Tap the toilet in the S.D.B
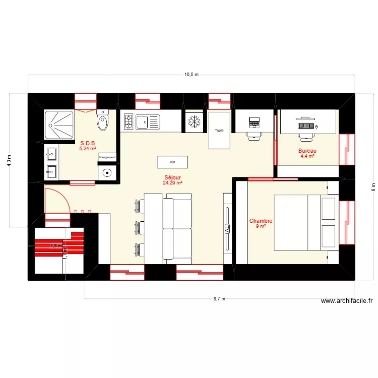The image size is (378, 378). (x=103, y=121)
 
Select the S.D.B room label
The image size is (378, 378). (x=88, y=143)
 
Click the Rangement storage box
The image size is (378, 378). (x=107, y=157)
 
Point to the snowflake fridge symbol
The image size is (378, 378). (x=194, y=121)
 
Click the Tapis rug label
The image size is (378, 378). (x=219, y=131)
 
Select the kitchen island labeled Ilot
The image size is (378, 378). (x=172, y=162)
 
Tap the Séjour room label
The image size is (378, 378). (x=172, y=177)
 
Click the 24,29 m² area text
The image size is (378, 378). (x=172, y=183)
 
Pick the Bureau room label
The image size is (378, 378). (x=307, y=151)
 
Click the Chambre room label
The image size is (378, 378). (x=261, y=221)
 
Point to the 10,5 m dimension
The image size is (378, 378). (x=191, y=74)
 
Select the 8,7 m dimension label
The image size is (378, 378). (x=219, y=299)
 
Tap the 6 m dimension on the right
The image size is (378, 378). (x=373, y=186)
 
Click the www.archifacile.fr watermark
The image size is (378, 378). (x=346, y=301)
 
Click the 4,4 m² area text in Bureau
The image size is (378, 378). (x=307, y=157)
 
